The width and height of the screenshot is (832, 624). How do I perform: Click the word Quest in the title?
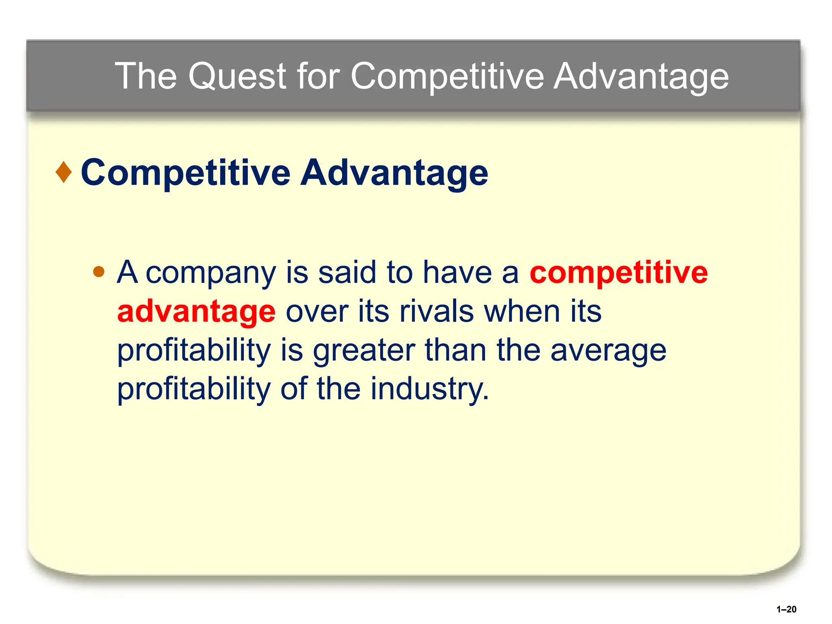click(x=238, y=76)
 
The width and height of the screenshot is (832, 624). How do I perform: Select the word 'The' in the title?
click(x=146, y=76)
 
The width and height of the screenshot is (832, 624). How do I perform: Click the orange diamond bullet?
click(x=64, y=172)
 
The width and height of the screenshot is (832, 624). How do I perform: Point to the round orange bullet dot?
click(x=99, y=271)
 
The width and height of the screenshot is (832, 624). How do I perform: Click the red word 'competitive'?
click(x=618, y=272)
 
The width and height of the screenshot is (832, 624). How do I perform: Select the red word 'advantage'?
click(x=196, y=311)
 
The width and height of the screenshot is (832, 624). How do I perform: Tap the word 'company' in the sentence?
click(x=211, y=273)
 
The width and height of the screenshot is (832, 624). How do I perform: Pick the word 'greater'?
click(x=364, y=350)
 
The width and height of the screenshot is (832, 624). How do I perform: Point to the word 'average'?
click(x=608, y=350)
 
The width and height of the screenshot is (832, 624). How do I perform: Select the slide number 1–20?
click(x=786, y=609)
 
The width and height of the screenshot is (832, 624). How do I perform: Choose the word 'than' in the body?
click(x=455, y=350)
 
